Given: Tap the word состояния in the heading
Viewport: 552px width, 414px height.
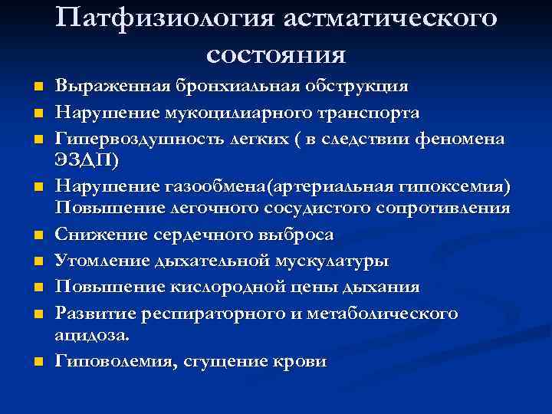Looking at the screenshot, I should click(276, 54).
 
